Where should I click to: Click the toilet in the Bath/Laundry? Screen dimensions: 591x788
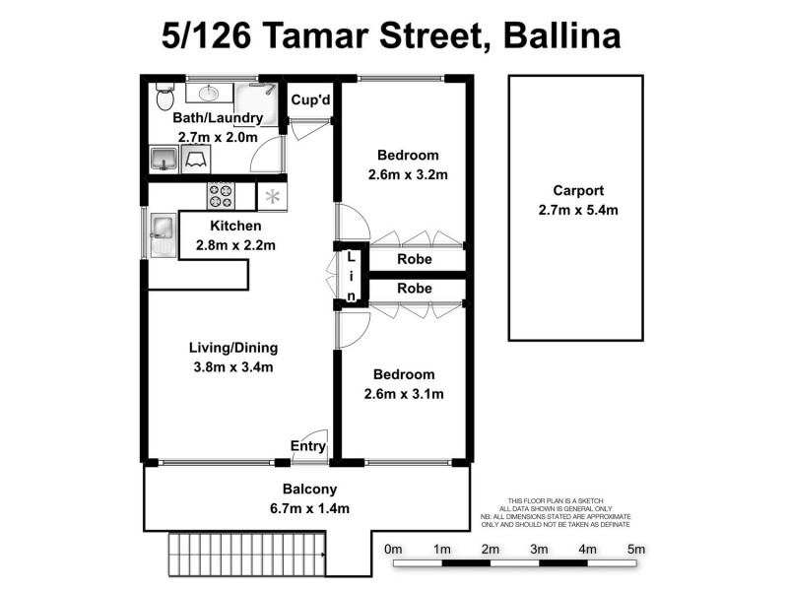click(x=164, y=98)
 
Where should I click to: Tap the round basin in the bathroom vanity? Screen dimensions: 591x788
click(x=210, y=95)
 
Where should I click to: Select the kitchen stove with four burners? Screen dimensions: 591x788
click(x=221, y=196)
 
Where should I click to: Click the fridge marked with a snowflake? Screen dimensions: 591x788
click(x=273, y=196)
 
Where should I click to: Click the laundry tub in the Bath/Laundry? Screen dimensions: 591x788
click(x=164, y=159)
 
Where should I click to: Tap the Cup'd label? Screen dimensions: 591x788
click(x=309, y=100)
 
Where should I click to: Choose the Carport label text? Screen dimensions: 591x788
click(x=578, y=191)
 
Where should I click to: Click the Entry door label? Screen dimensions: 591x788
click(x=307, y=446)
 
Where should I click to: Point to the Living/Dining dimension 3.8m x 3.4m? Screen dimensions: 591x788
click(x=232, y=367)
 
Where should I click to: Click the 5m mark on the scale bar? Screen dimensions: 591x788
click(x=635, y=549)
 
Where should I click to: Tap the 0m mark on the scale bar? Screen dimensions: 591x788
click(x=394, y=549)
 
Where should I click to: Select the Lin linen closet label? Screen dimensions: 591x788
click(x=351, y=277)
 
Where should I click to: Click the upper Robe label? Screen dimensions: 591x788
click(x=415, y=260)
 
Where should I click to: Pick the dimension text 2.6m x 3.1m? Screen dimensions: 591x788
click(x=405, y=394)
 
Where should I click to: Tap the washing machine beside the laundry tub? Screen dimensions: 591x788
click(x=195, y=160)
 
